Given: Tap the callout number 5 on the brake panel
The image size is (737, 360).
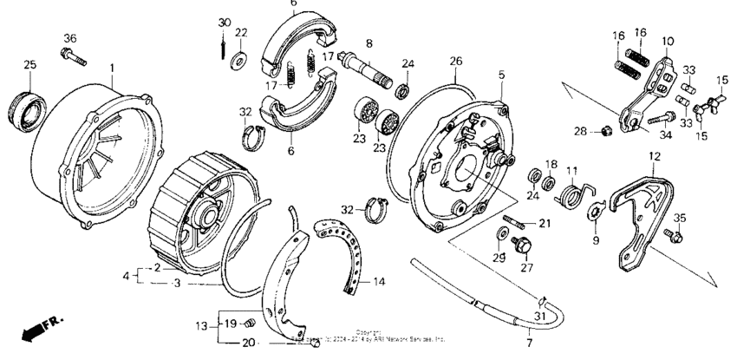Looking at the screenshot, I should pos(500,75).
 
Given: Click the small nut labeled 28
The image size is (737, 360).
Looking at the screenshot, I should pos(606,131).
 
